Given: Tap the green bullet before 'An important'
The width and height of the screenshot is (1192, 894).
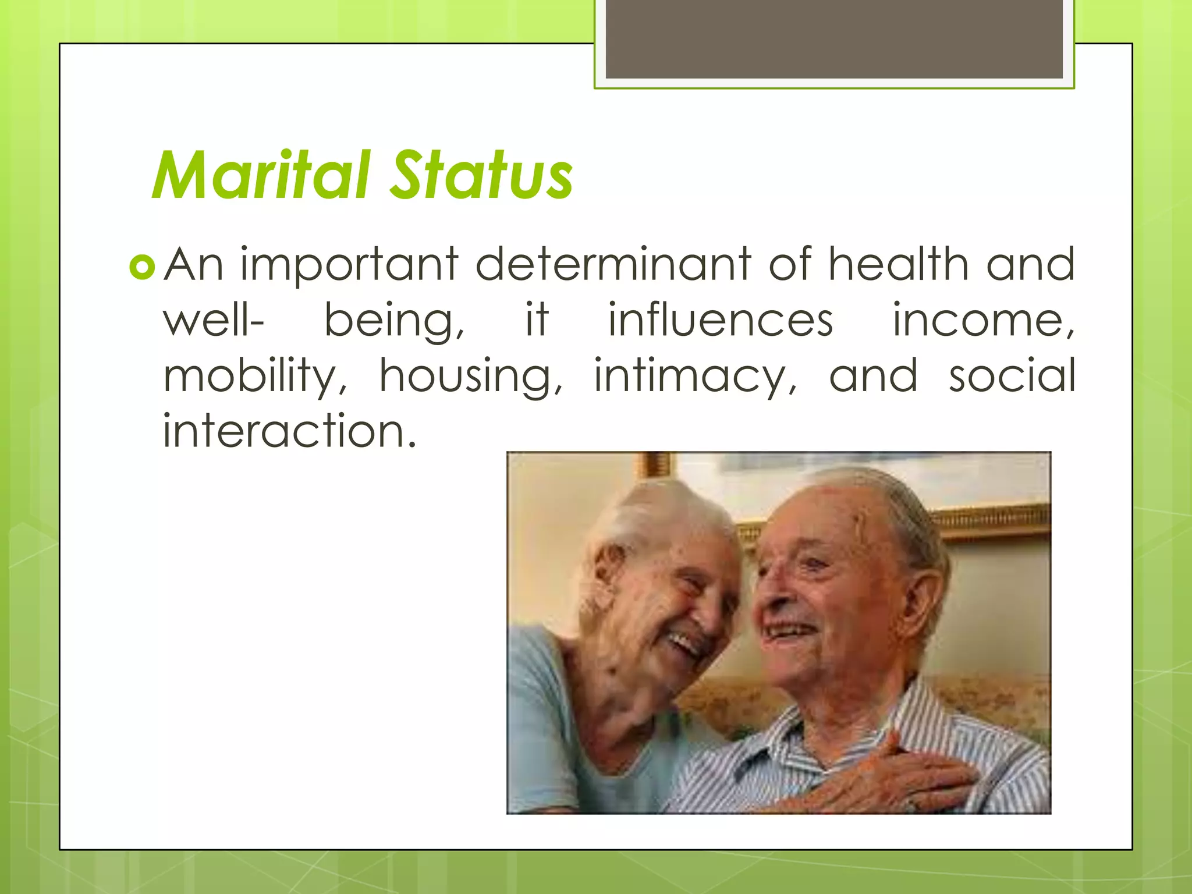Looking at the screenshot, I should point(142,267).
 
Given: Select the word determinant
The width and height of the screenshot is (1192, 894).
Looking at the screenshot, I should point(613,264).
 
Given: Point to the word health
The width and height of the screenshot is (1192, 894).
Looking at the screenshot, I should point(899,264).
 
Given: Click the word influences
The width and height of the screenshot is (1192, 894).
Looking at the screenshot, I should point(721,320).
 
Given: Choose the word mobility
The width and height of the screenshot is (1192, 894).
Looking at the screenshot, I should point(254,377).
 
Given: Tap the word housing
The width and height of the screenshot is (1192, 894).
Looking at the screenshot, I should point(470,377).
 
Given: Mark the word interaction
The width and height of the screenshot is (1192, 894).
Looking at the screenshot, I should point(289,431).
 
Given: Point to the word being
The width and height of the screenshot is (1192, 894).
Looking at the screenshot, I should point(393,321).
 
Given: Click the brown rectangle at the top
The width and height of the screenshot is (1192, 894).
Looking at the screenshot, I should point(833,39).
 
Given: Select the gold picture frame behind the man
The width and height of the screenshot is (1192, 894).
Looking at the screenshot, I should point(989,521).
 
